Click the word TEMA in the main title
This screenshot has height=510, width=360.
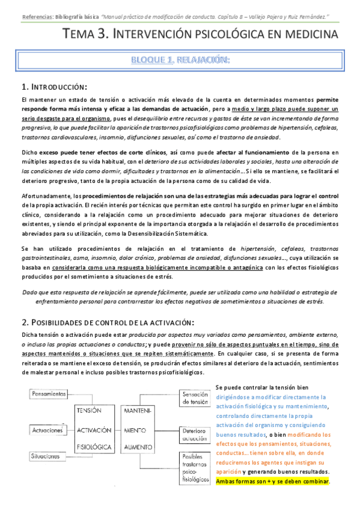coord(82,35)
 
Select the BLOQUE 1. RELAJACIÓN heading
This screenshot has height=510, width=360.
coord(180,60)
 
